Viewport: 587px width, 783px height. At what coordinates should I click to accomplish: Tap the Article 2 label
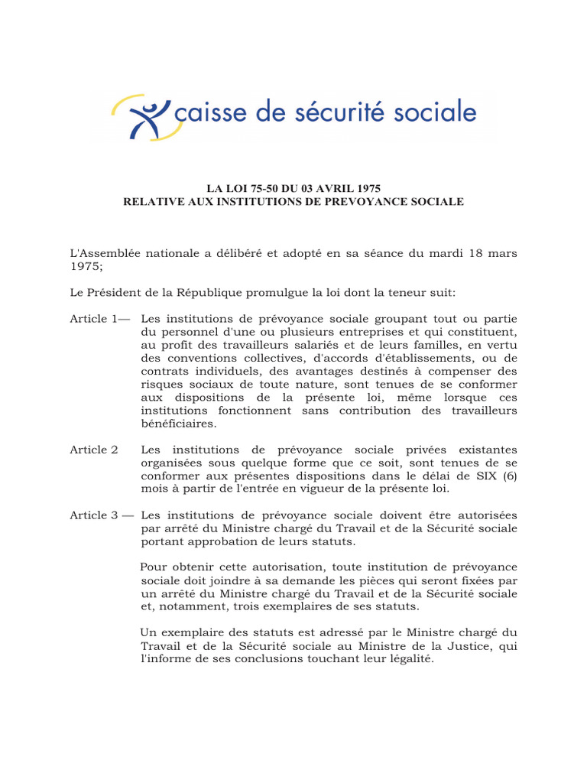click(x=94, y=449)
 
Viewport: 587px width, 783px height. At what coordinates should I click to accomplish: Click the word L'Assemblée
click(x=104, y=253)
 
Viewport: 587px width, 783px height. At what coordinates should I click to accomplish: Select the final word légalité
click(x=409, y=658)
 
